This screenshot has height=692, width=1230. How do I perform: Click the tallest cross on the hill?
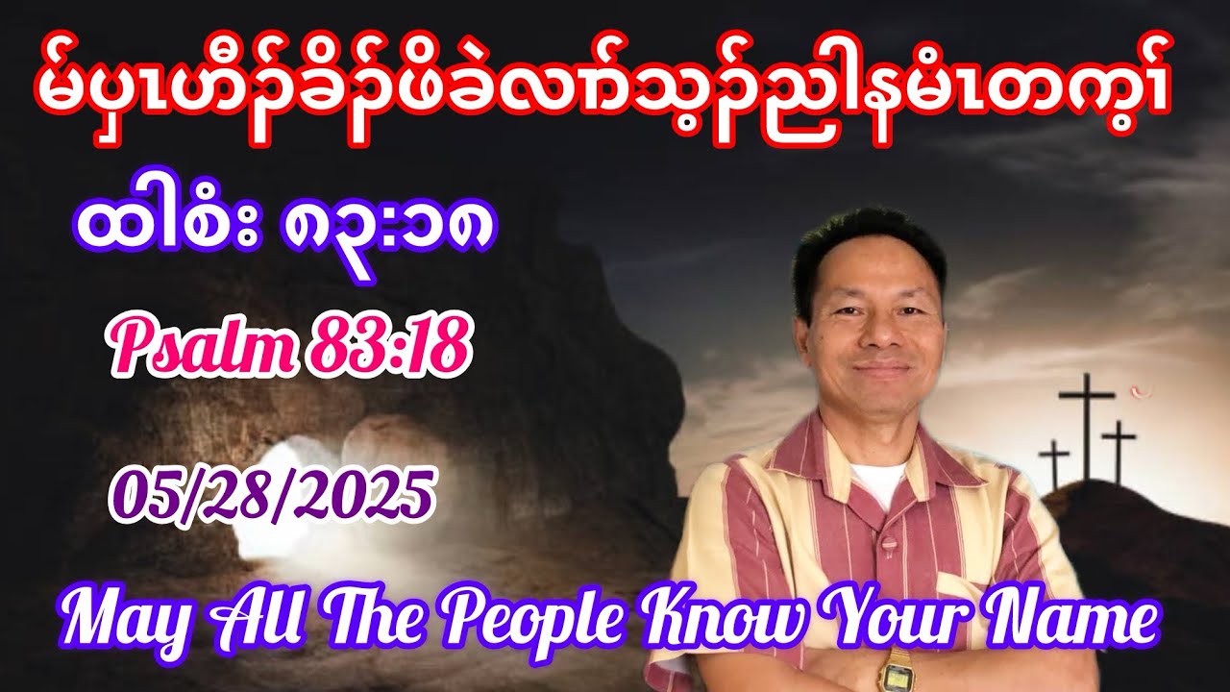pos(1087,423)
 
